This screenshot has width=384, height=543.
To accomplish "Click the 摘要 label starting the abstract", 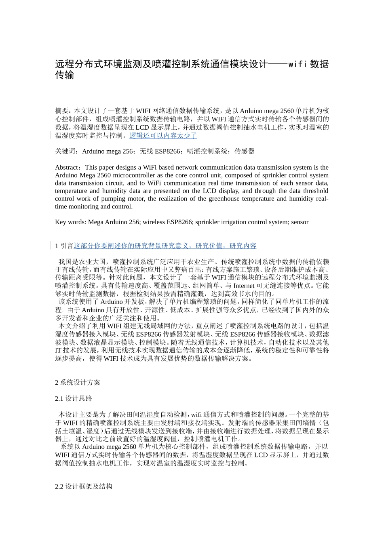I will click(61, 111).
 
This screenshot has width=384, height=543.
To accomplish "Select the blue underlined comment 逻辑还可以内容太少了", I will click(163, 136).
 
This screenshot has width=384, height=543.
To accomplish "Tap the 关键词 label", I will click(65, 152).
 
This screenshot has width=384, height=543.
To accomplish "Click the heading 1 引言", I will click(64, 246).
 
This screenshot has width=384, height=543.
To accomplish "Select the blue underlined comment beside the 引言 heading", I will click(165, 246).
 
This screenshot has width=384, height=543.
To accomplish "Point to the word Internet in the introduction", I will click(244, 286).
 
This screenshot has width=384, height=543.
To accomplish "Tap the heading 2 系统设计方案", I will click(78, 383).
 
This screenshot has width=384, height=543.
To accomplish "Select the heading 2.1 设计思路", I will click(74, 399).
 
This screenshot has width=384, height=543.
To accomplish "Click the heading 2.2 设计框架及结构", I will click(83, 487).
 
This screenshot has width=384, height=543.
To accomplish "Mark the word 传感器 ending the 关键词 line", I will click(245, 152).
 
